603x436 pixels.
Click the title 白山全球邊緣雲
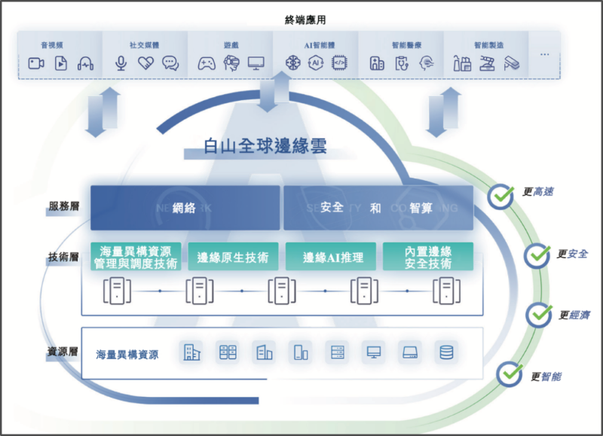[265, 147]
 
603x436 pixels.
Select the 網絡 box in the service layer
[185, 208]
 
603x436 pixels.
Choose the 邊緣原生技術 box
[232, 257]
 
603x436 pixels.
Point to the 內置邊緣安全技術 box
[427, 257]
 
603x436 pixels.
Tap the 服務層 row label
[64, 206]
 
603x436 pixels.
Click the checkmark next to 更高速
[500, 196]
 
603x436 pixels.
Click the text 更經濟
[574, 315]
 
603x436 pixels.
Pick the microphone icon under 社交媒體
[121, 64]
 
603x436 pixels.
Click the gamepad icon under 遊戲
[206, 64]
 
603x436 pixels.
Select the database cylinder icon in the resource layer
[446, 352]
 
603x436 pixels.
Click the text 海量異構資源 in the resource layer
[127, 354]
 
